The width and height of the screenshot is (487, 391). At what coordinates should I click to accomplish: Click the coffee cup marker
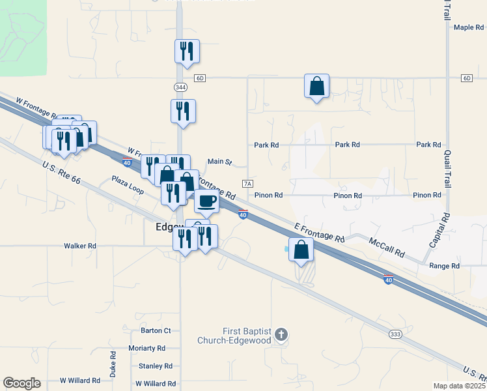207,201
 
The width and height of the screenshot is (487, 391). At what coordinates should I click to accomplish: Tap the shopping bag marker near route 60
316,86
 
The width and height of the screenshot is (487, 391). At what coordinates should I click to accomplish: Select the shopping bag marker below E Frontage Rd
301,250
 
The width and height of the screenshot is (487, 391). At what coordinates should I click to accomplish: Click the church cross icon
281,336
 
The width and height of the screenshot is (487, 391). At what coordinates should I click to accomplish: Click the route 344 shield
180,87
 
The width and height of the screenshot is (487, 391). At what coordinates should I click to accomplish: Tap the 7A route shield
247,184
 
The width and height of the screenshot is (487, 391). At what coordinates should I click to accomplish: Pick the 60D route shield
200,78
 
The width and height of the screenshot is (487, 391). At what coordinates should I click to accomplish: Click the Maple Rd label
469,27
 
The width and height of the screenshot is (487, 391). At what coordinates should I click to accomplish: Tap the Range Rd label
445,266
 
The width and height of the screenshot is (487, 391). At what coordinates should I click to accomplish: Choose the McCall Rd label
387,247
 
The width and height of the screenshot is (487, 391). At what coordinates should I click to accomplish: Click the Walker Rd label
80,246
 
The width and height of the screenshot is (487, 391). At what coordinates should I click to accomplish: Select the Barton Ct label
156,331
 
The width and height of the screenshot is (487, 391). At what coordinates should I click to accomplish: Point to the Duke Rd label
113,363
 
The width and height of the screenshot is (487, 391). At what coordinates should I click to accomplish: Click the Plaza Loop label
127,184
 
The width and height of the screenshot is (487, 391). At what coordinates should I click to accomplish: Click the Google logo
21,383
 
